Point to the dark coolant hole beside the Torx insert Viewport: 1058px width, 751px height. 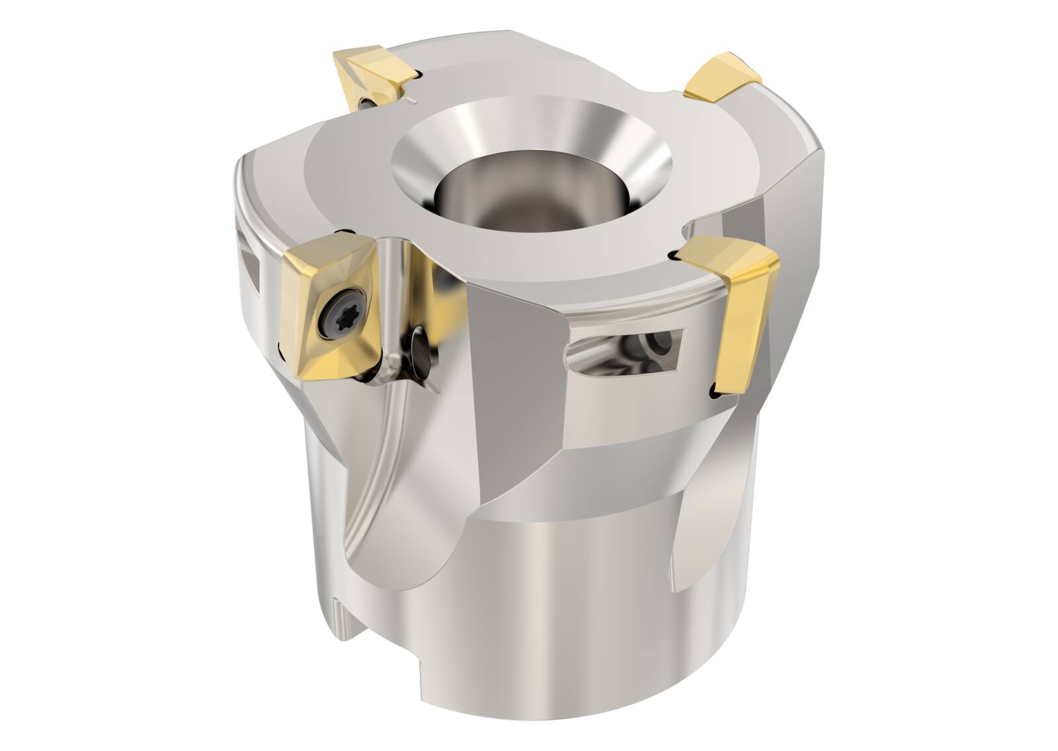point(419,345)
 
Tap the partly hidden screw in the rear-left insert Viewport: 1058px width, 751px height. point(366,103)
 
